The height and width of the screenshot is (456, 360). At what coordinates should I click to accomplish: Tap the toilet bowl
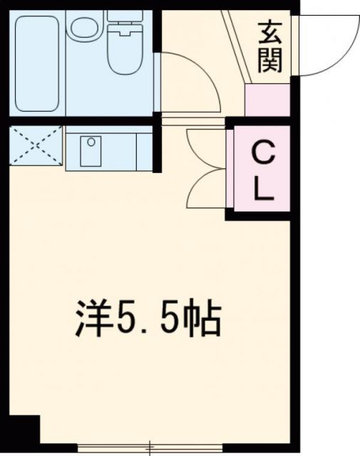tap(126, 50)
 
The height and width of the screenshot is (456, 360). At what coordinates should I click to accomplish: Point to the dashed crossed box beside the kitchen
tap(36, 146)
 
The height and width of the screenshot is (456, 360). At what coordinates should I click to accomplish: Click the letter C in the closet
tap(262, 152)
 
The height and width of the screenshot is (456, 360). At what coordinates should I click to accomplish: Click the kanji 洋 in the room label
tap(93, 321)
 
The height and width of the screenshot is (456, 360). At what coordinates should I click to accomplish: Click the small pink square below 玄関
tap(267, 100)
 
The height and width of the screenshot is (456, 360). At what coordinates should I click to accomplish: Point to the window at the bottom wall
tap(149, 449)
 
